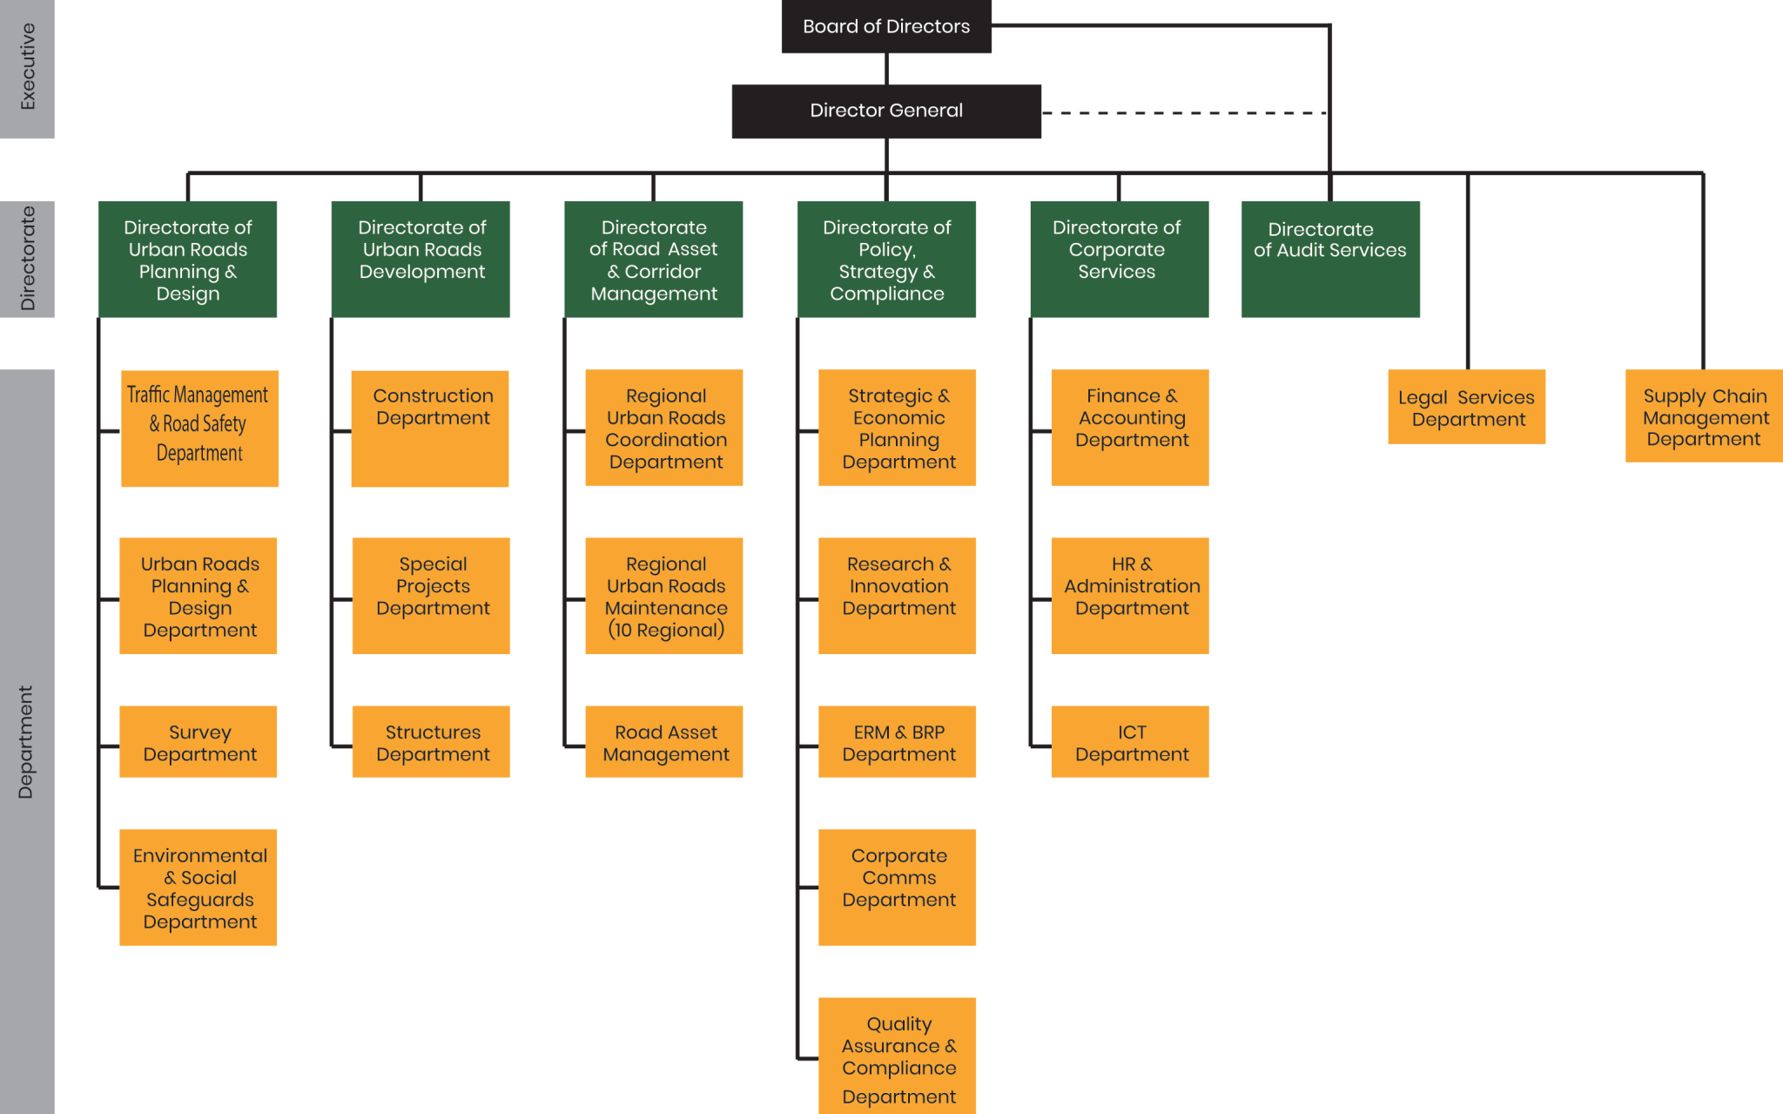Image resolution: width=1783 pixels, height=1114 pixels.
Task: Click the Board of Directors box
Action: pos(886,27)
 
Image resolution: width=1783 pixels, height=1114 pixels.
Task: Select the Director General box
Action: pos(886,111)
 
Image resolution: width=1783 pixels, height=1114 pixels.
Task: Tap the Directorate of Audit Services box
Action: pos(1330,259)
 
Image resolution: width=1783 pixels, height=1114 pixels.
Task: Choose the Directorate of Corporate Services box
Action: pos(1119,259)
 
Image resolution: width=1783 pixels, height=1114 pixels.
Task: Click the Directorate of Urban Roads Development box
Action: pos(421,259)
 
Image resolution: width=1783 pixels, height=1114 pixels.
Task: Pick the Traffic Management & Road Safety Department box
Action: pos(199,428)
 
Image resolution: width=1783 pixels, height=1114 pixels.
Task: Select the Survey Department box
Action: pos(198,742)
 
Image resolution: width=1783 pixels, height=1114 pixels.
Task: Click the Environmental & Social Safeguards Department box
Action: pos(198,888)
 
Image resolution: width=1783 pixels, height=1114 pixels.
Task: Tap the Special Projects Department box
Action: pos(432,595)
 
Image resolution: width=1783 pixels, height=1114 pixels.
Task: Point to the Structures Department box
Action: pos(432,742)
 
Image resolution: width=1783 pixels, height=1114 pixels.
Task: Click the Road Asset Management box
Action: pos(664,742)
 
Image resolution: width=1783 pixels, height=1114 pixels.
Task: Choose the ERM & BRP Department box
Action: pos(898,742)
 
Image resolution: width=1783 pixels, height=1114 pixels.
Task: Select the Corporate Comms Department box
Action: pos(898,888)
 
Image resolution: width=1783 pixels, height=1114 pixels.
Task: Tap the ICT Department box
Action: pos(1130,742)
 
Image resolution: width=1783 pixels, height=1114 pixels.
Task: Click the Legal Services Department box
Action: pos(1467,407)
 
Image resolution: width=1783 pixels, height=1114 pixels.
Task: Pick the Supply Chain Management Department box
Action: pos(1704,416)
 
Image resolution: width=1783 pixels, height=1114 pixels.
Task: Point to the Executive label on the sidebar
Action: pos(28,67)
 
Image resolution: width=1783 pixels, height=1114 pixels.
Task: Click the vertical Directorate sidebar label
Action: pos(28,259)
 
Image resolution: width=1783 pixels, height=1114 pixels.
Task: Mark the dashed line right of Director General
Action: pos(1184,113)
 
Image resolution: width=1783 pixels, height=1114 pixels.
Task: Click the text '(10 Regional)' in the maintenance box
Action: pos(666,630)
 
